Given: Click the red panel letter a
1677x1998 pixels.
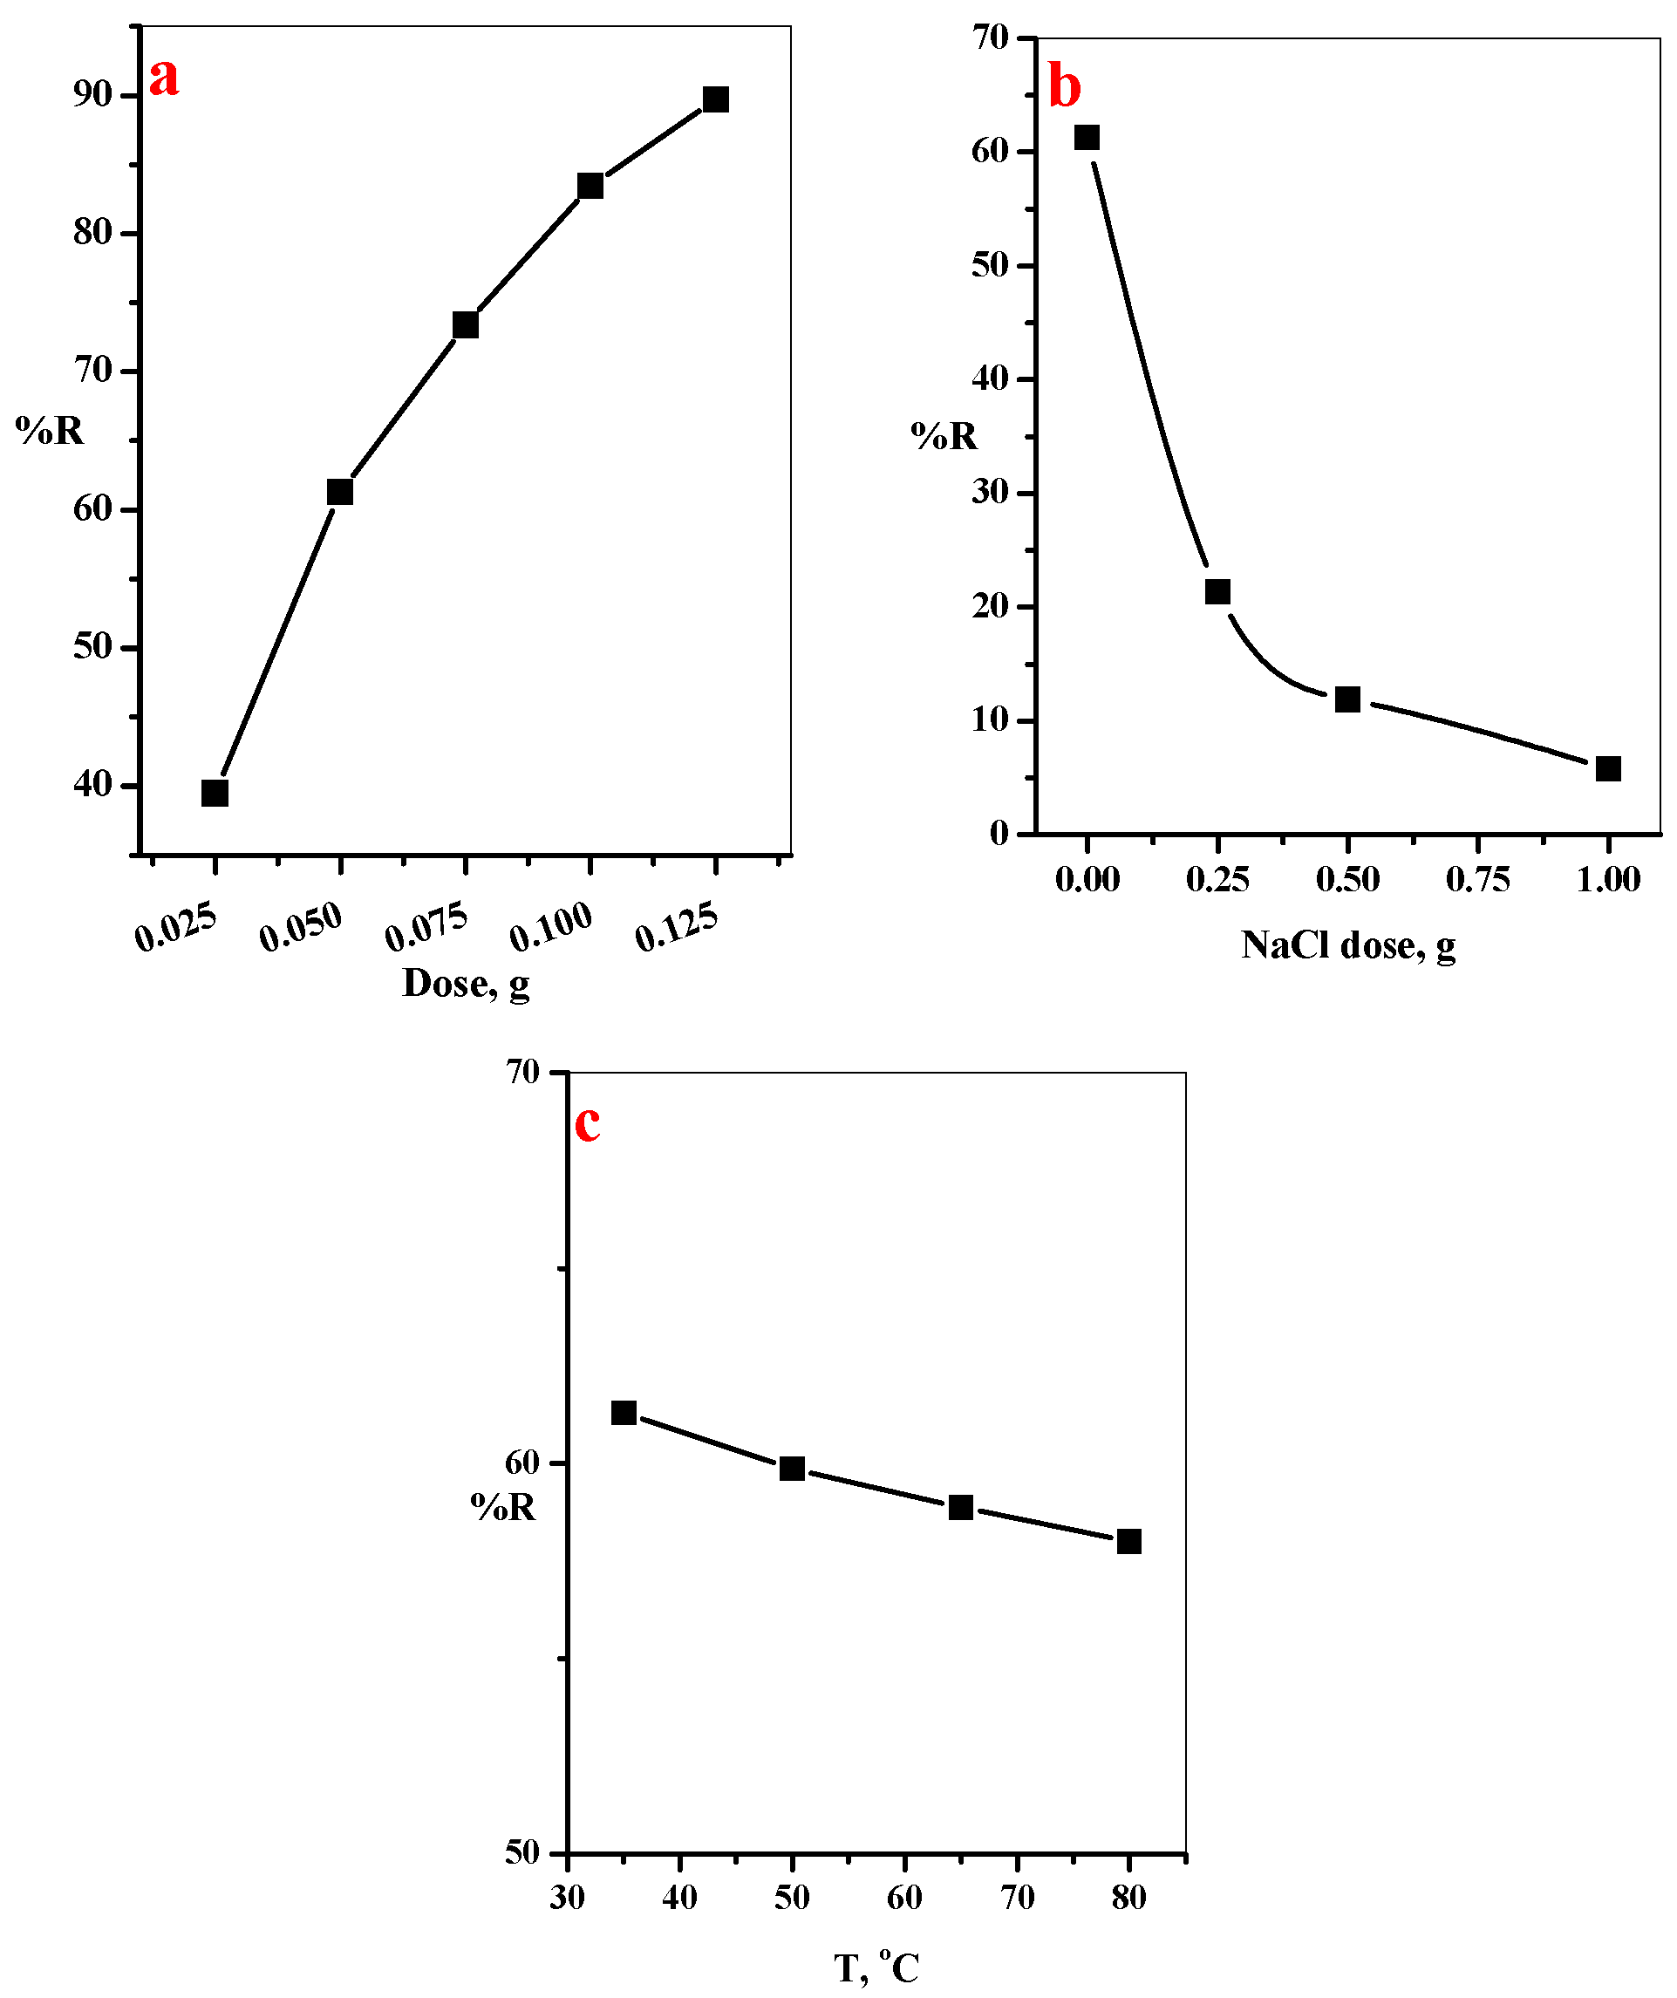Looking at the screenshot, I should point(164,77).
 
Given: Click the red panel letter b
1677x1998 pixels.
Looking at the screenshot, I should point(1065,87).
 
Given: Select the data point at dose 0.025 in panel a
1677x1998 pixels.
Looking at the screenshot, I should point(215,793).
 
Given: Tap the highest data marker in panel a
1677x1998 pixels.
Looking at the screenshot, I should point(715,99).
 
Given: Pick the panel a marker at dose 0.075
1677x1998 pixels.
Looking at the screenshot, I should point(465,325).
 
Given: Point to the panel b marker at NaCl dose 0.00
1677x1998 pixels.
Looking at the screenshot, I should point(1087,138).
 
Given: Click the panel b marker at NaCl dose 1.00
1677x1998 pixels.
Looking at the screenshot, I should point(1607,768).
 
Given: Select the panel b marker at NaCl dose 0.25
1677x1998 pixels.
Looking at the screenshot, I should point(1217,592).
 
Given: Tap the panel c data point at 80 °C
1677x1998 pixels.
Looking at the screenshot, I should point(1128,1541).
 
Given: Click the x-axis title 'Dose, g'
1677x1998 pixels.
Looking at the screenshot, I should point(465,984).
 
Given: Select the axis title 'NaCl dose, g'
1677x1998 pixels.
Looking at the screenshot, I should point(1348,945).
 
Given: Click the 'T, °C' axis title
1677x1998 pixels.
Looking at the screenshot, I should point(876,1968).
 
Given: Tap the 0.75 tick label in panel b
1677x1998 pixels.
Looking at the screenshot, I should point(1477,879).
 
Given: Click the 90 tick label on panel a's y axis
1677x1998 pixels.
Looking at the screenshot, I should point(92,94).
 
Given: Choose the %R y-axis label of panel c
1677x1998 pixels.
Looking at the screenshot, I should point(503,1507).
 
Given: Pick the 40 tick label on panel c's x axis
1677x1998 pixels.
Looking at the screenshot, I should point(679,1898).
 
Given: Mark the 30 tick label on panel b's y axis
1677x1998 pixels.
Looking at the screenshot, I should point(989,492).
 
